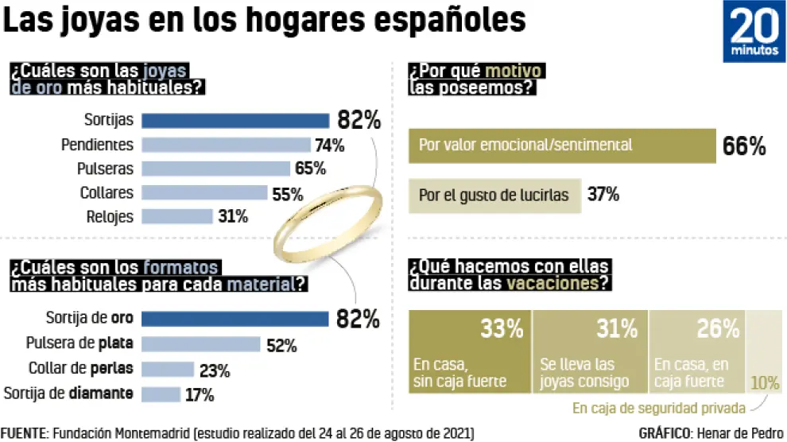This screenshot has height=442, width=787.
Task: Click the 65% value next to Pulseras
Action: click(310, 169)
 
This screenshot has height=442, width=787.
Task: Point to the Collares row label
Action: click(107, 192)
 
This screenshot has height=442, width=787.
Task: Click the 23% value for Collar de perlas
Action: click(215, 370)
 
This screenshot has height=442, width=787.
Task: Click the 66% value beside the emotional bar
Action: click(744, 146)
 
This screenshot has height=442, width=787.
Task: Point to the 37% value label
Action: click(603, 195)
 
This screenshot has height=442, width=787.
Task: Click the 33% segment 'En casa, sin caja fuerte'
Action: click(469, 350)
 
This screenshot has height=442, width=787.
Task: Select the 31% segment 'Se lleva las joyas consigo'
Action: click(590, 350)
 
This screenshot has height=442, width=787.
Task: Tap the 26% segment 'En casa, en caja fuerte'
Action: click(698, 350)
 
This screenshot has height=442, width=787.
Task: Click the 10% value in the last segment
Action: click(765, 382)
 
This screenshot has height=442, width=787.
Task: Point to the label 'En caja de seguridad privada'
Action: click(659, 409)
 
